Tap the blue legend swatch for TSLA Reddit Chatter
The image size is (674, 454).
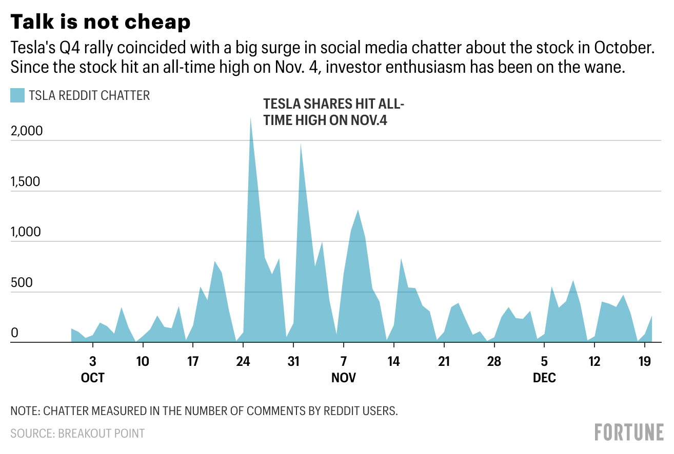pyautogui.click(x=17, y=95)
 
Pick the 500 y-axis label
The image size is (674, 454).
pyautogui.click(x=22, y=283)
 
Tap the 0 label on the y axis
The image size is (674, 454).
pyautogui.click(x=14, y=333)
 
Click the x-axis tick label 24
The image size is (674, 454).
pyautogui.click(x=243, y=361)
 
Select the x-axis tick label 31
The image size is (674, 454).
pyautogui.click(x=293, y=361)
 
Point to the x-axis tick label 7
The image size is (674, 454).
pyautogui.click(x=343, y=361)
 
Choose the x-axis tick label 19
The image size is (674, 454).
pyautogui.click(x=644, y=361)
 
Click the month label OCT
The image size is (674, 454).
pyautogui.click(x=93, y=379)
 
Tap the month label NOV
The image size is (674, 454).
pyautogui.click(x=344, y=379)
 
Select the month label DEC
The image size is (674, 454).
pyautogui.click(x=544, y=379)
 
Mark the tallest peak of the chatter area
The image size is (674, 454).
pyautogui.click(x=250, y=119)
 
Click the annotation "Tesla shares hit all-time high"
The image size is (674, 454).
pyautogui.click(x=333, y=112)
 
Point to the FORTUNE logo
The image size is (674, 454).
pyautogui.click(x=629, y=432)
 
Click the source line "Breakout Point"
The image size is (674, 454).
pyautogui.click(x=77, y=434)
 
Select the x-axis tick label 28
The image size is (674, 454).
pyautogui.click(x=493, y=361)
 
